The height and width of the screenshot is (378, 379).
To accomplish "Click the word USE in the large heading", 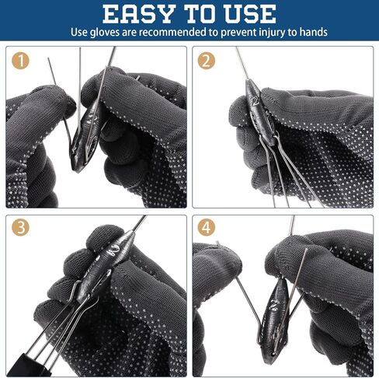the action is point(250,14).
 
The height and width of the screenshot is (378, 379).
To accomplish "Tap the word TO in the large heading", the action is point(199,14).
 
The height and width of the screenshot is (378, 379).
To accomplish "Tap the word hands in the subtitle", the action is point(313,32).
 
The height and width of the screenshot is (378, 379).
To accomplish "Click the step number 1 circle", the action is point(20,61).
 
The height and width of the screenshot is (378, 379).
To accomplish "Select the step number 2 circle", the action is point(207,61).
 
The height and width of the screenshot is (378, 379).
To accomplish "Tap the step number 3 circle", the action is point(20,227).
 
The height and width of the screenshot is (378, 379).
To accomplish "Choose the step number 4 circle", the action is point(207,227).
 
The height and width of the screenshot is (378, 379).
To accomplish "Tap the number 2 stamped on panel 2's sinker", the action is point(256,100).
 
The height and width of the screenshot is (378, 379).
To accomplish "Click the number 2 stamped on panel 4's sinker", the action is point(274,304).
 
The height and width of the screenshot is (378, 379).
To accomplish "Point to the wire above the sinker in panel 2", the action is point(242,64).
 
